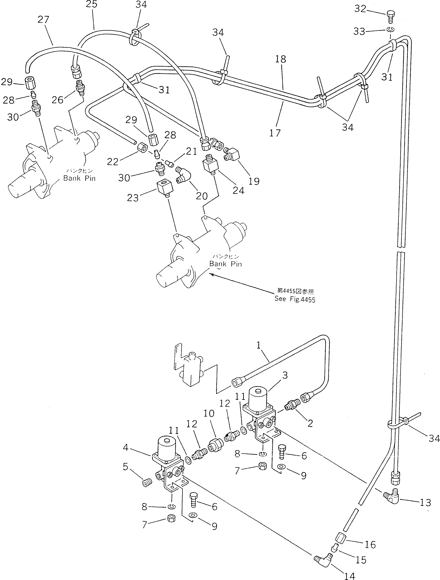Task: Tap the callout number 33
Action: tap(359, 31)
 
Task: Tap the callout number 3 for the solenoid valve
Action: tap(285, 375)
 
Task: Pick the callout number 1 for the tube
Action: tap(259, 345)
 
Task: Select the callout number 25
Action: tap(92, 4)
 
